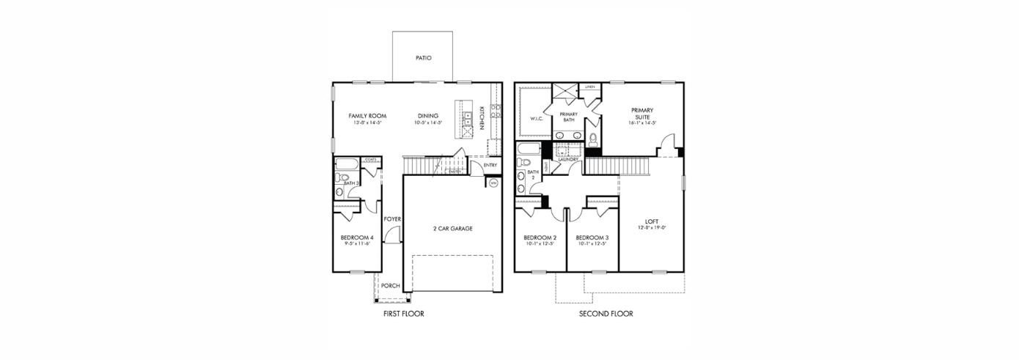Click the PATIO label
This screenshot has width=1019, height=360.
pos(423,57)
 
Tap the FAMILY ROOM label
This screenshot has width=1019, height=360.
pos(367,116)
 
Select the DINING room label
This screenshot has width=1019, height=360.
pos(428,116)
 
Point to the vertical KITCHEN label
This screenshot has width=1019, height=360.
pos(482,118)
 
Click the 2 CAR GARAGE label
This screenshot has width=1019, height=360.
pos(452,229)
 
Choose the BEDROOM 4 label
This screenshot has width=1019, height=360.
pos(357,238)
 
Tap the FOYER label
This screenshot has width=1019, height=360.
pos(392,219)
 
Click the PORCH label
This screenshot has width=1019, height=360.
pos(390,286)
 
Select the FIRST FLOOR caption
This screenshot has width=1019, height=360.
pos(404,314)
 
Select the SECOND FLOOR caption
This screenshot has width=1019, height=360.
pos(606,314)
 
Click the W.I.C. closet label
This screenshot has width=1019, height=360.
pos(535,118)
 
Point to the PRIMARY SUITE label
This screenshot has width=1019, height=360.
pos(642,113)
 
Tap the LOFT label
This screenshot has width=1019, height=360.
pos(652,221)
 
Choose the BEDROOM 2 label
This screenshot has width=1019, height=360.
pos(540,238)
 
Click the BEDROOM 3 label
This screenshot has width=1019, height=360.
pos(592,238)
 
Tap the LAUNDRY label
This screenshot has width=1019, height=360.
pos(568,159)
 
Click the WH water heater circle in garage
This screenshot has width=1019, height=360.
pos(493,183)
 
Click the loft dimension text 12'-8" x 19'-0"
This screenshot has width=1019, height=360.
pos(652,228)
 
